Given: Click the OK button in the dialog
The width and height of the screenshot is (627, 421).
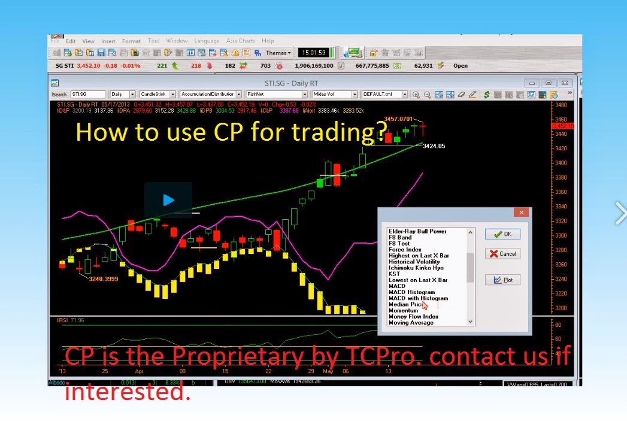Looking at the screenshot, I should pyautogui.click(x=502, y=234).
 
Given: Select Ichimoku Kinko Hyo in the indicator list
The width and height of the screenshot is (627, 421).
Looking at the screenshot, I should pyautogui.click(x=416, y=268).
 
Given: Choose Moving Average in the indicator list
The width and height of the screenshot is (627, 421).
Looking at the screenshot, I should pyautogui.click(x=411, y=323).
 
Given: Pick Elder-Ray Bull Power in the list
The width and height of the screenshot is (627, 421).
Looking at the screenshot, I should pyautogui.click(x=417, y=231).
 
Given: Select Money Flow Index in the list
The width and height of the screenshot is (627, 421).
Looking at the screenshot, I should pyautogui.click(x=413, y=317).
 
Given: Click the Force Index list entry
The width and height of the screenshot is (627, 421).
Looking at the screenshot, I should pyautogui.click(x=405, y=250).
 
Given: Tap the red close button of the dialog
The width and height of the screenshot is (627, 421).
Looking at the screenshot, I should pyautogui.click(x=521, y=212).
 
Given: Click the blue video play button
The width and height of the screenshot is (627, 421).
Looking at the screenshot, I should pyautogui.click(x=168, y=200).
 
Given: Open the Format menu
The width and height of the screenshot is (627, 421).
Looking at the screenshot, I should pyautogui.click(x=131, y=41).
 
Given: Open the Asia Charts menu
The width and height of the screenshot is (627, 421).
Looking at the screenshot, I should pyautogui.click(x=240, y=41).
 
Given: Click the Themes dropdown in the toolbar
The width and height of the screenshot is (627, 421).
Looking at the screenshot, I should pyautogui.click(x=278, y=53).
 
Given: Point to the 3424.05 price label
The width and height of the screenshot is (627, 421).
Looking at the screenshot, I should pyautogui.click(x=434, y=146).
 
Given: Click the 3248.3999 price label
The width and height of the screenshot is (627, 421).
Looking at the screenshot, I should pyautogui.click(x=104, y=279).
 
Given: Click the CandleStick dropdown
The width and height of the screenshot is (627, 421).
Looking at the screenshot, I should pyautogui.click(x=157, y=95).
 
